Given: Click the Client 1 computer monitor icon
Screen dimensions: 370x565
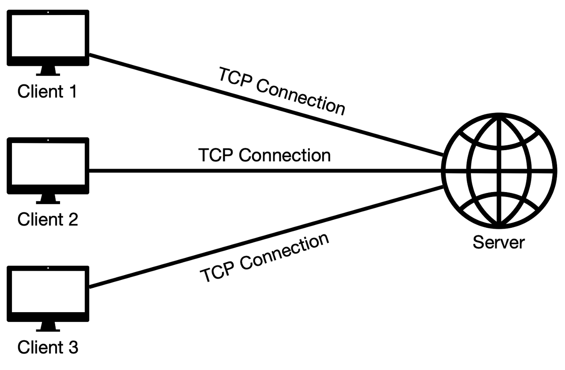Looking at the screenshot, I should pyautogui.click(x=48, y=38).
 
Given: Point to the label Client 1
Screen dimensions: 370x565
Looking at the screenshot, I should pyautogui.click(x=47, y=92).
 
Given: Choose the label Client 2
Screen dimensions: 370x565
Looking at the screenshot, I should pyautogui.click(x=48, y=219).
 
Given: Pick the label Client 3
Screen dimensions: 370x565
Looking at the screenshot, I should pyautogui.click(x=48, y=347).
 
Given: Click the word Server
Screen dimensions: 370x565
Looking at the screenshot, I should pyautogui.click(x=499, y=242).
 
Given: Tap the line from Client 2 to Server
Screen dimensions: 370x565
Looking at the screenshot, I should pyautogui.click(x=265, y=170).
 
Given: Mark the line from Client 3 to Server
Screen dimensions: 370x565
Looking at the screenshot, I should pyautogui.click(x=265, y=237).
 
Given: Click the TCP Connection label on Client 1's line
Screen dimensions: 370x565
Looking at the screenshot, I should pyautogui.click(x=282, y=91).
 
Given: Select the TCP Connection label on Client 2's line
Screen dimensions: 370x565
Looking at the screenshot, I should pyautogui.click(x=264, y=155).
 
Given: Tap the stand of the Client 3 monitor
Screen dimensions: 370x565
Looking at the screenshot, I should pyautogui.click(x=48, y=327).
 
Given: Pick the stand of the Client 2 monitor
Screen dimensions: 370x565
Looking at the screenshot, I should pyautogui.click(x=48, y=199).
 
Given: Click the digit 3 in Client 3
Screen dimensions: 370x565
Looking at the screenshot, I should pyautogui.click(x=73, y=347).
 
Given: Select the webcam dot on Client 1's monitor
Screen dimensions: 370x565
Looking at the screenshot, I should pyautogui.click(x=48, y=13).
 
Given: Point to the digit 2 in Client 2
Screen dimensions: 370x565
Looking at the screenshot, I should pyautogui.click(x=73, y=219).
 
